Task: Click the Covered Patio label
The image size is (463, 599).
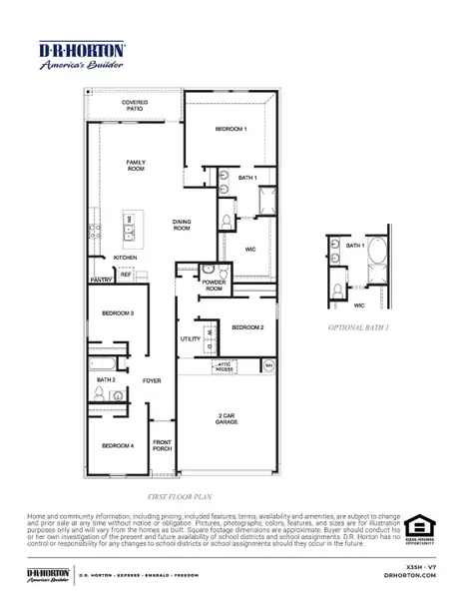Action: (x=136, y=106)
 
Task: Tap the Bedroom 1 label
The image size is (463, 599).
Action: (x=231, y=130)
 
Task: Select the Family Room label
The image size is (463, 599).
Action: (x=136, y=165)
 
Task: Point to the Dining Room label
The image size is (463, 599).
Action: (x=182, y=226)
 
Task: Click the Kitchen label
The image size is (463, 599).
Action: (x=124, y=258)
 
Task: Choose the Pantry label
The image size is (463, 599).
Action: (x=101, y=281)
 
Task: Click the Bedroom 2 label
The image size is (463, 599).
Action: (x=247, y=327)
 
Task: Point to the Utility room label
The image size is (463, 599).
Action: (x=191, y=339)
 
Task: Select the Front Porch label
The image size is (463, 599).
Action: (x=162, y=446)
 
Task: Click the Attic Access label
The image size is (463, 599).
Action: (x=224, y=366)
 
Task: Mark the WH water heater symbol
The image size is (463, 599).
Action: (x=267, y=366)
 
